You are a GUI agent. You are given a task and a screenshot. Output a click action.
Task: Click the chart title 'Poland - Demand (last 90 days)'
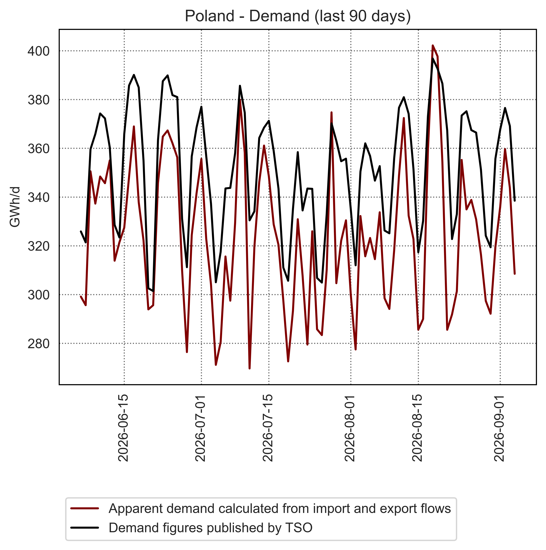pyautogui.click(x=298, y=16)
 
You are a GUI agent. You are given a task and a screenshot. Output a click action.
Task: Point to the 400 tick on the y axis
pyautogui.click(x=38, y=51)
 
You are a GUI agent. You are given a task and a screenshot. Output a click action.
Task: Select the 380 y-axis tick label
pyautogui.click(x=38, y=100)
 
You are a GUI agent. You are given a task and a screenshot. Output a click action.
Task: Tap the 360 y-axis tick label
pyautogui.click(x=38, y=149)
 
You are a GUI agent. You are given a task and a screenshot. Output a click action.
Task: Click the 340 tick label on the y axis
pyautogui.click(x=38, y=197)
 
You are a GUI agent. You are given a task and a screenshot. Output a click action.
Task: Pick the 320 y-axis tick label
pyautogui.click(x=38, y=246)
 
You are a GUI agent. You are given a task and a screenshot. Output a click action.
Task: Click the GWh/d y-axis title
pyautogui.click(x=15, y=207)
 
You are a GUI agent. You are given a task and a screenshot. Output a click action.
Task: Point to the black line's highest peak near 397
pyautogui.click(x=433, y=59)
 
